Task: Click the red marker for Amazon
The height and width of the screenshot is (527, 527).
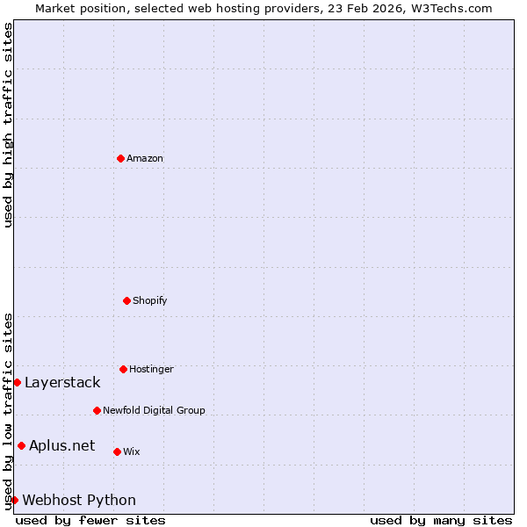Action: click(x=120, y=158)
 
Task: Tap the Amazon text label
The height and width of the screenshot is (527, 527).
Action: click(x=145, y=159)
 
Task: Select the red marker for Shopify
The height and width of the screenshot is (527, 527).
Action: click(x=126, y=300)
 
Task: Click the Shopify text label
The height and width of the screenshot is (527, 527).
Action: click(x=150, y=301)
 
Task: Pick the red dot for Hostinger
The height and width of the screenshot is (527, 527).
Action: click(x=123, y=369)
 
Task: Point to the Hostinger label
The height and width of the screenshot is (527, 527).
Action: click(x=151, y=370)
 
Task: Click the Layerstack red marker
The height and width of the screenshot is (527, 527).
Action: click(x=17, y=382)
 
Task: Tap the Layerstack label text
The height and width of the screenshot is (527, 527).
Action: click(x=62, y=383)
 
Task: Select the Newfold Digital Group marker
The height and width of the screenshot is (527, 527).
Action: click(x=97, y=410)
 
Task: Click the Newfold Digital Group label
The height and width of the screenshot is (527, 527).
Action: click(x=154, y=411)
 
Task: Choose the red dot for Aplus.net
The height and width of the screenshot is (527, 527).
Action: click(x=21, y=445)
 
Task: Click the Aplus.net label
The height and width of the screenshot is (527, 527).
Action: click(x=61, y=446)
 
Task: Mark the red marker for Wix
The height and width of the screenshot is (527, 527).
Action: click(x=117, y=451)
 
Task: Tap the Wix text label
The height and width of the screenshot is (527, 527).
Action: click(x=132, y=452)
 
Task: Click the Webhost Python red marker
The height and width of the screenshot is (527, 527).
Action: click(x=14, y=500)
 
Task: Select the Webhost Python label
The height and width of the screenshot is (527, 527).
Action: click(x=79, y=501)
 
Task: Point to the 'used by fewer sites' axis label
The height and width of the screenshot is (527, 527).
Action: click(x=90, y=520)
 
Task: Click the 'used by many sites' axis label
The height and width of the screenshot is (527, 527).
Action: click(x=441, y=520)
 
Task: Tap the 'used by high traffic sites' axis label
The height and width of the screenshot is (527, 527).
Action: click(x=8, y=125)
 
